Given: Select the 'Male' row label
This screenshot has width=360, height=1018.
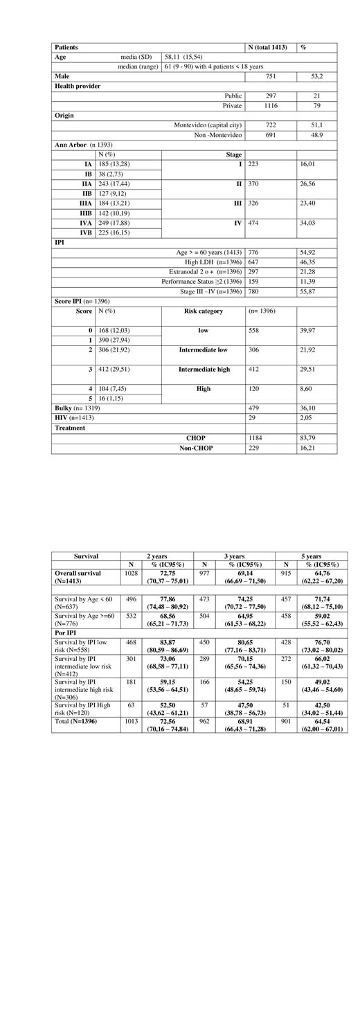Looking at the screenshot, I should tap(64, 76).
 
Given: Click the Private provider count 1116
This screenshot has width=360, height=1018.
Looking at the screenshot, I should tap(258, 105).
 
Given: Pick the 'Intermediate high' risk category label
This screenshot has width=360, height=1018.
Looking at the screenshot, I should tap(204, 370).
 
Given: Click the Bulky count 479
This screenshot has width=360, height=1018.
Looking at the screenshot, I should tap(255, 408).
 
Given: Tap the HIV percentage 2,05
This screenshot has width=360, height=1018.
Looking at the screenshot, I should tap(307, 418).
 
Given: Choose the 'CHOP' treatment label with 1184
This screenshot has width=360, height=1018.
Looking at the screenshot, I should tap(196, 438).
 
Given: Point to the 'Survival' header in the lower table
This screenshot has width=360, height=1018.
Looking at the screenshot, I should tap(86, 556).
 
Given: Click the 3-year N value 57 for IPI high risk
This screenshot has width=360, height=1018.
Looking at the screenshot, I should tap(204, 708).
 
